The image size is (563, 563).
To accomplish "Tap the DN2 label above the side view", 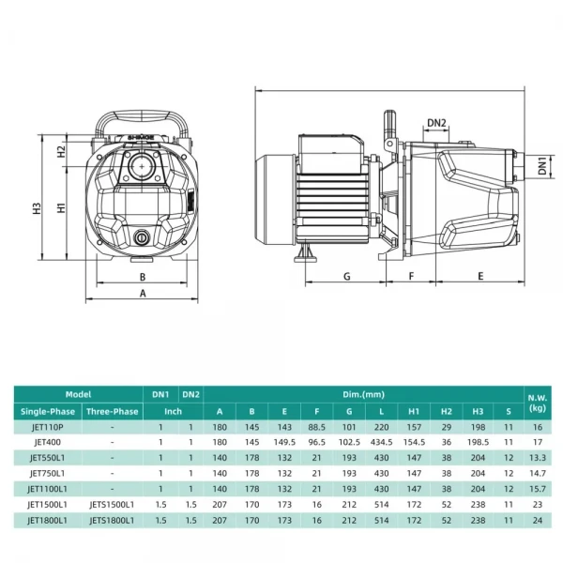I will pyautogui.click(x=436, y=122).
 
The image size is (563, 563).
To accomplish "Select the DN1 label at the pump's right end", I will pyautogui.click(x=542, y=166).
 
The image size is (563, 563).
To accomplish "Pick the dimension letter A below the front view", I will pyautogui.click(x=143, y=294).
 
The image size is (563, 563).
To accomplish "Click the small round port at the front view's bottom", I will pyautogui.click(x=143, y=237).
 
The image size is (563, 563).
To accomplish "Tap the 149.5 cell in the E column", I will pyautogui.click(x=283, y=441).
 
